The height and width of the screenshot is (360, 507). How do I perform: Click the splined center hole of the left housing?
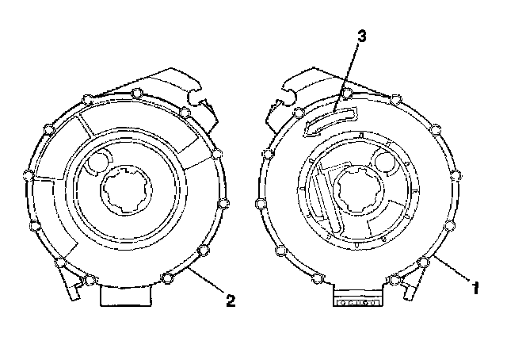coord(126,190)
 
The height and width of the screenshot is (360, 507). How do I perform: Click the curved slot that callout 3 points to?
coord(330,118)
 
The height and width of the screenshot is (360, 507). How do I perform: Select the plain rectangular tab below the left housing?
coord(126,295)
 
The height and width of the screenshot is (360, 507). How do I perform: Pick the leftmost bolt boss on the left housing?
coord(30,174)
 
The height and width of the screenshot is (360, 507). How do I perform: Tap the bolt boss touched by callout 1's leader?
coord(425,262)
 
